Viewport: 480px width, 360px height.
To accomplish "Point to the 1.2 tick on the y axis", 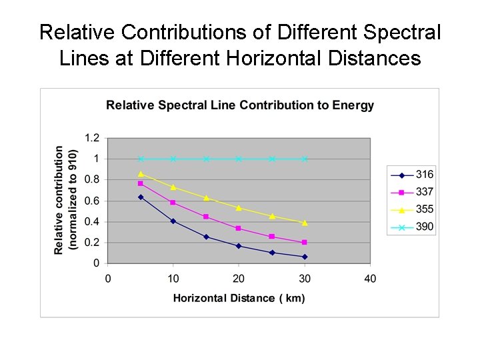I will point(92,138).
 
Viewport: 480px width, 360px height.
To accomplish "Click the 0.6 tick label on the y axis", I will point(92,201).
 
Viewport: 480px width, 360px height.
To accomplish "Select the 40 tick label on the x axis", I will point(370,278).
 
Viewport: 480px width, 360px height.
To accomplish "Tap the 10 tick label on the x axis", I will point(173,278).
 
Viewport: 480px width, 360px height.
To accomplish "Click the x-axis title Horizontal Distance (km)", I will point(239,297).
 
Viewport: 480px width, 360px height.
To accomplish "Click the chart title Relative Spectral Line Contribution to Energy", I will point(240,105).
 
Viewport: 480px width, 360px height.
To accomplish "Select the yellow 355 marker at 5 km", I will point(141,174).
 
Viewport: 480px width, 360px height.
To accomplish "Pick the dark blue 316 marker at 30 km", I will point(305,257).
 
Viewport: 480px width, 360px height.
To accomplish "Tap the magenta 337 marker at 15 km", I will point(206,217).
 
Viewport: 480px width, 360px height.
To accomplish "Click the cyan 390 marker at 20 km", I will point(239,159).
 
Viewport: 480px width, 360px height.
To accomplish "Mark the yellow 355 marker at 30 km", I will point(305,223).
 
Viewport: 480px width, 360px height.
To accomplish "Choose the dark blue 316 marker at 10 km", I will point(173,221).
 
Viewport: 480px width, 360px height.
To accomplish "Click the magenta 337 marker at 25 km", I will point(272,237).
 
